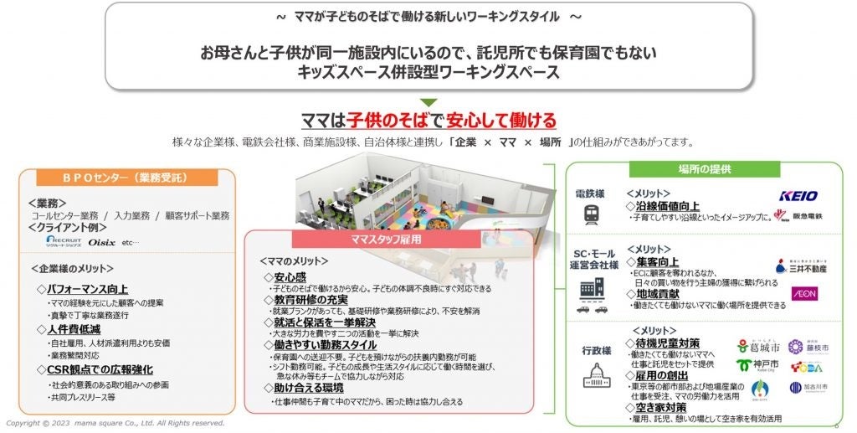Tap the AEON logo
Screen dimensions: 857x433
[x=803, y=294]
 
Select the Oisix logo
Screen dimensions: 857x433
[x=103, y=243]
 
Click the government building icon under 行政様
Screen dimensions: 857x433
[x=591, y=376]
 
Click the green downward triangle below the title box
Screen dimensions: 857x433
[x=428, y=103]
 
